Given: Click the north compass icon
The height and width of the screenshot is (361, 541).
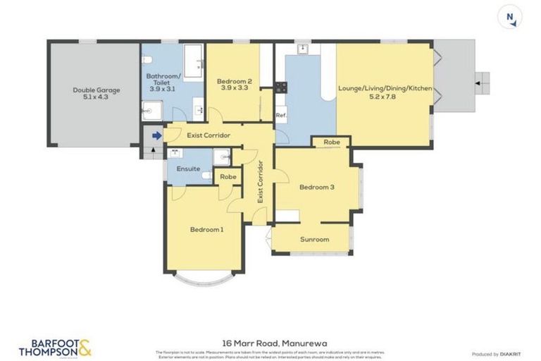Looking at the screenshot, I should [510, 16].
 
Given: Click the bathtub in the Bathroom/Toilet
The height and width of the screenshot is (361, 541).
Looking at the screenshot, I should [194, 61].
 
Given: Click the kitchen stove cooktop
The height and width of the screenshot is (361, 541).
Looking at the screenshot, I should [281, 87].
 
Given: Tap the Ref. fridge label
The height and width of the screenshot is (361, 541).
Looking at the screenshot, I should [280, 116].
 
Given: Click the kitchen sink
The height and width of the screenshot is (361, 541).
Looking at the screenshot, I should [303, 49].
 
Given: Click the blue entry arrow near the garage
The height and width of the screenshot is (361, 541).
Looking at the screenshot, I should [156, 135].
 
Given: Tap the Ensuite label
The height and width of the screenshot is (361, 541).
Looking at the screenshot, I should [187, 169].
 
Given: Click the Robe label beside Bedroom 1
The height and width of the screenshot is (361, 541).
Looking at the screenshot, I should [227, 176].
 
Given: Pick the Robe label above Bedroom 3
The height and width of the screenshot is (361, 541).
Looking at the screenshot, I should [332, 142].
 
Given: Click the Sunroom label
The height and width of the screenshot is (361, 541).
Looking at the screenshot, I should [314, 239].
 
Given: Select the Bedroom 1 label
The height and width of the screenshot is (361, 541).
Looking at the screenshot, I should [206, 229].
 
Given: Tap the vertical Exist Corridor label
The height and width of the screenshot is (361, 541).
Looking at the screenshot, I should [260, 183].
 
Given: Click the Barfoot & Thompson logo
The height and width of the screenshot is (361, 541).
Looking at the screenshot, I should [55, 347].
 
